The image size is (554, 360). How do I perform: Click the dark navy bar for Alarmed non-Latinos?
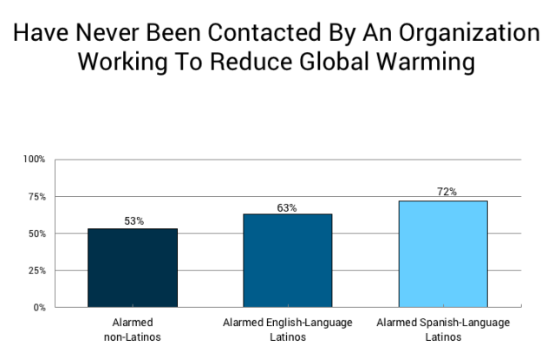[x=133, y=267]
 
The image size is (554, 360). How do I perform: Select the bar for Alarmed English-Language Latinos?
[x=287, y=259]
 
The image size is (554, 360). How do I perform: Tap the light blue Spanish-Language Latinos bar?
[x=443, y=253]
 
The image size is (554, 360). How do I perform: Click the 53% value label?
[x=133, y=221]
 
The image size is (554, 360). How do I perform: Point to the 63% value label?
[x=287, y=207]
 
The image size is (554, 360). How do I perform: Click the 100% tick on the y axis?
[x=35, y=160]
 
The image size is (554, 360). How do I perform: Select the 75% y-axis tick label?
[x=36, y=197]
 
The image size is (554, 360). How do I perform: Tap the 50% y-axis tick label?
[x=36, y=234]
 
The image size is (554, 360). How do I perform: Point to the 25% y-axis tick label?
[x=36, y=271]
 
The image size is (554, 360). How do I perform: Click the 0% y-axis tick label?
[x=39, y=307]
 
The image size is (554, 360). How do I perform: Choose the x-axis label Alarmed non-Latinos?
[x=133, y=329]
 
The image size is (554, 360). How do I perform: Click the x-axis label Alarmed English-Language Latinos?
[x=287, y=329]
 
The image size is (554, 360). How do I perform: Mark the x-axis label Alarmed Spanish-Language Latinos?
[x=443, y=329]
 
